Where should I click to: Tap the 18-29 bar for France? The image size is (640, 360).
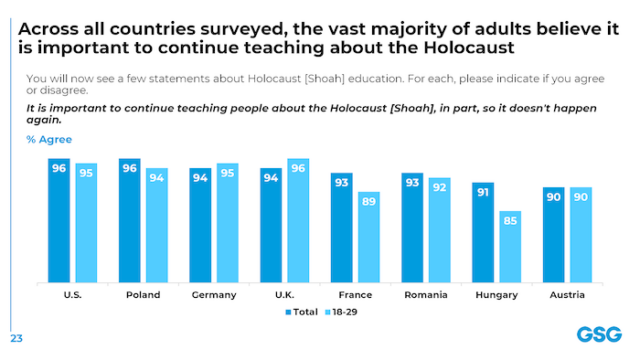369,237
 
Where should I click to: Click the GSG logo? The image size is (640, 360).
597,335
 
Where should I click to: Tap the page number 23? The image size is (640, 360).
16,338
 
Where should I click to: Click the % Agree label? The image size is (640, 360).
50,141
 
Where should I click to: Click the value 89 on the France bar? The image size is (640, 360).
369,201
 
